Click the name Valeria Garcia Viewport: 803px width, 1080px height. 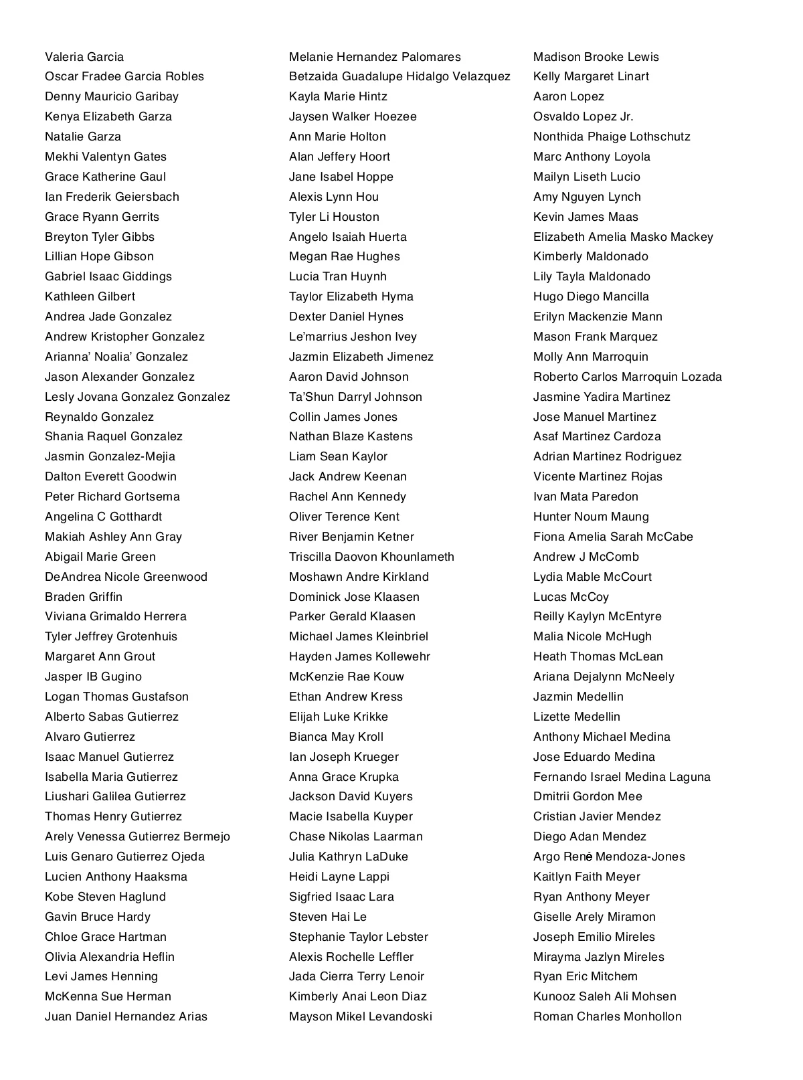coord(84,57)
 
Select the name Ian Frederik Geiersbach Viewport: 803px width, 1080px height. coord(112,197)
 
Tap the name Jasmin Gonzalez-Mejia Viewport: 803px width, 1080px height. coord(110,456)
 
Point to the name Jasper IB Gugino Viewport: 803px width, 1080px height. coord(93,677)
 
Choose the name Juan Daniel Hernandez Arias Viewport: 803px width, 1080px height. coord(126,1016)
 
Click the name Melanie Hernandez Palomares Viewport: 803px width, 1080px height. coord(375,57)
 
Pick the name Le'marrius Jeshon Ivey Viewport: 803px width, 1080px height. coord(353,337)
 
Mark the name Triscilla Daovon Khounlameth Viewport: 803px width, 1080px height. coord(371,557)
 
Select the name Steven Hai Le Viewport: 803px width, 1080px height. coord(328,917)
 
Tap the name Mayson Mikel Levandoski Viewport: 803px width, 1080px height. coord(361,1016)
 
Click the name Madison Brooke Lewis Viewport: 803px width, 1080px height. coord(596,57)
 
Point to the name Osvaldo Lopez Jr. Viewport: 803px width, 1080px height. coord(584,116)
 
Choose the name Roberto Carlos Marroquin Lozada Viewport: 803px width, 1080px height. coord(628,377)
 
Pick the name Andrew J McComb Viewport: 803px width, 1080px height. coord(586,557)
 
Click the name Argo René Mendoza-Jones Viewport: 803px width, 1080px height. coord(609,857)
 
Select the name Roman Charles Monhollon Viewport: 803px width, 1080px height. coord(608,1016)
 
